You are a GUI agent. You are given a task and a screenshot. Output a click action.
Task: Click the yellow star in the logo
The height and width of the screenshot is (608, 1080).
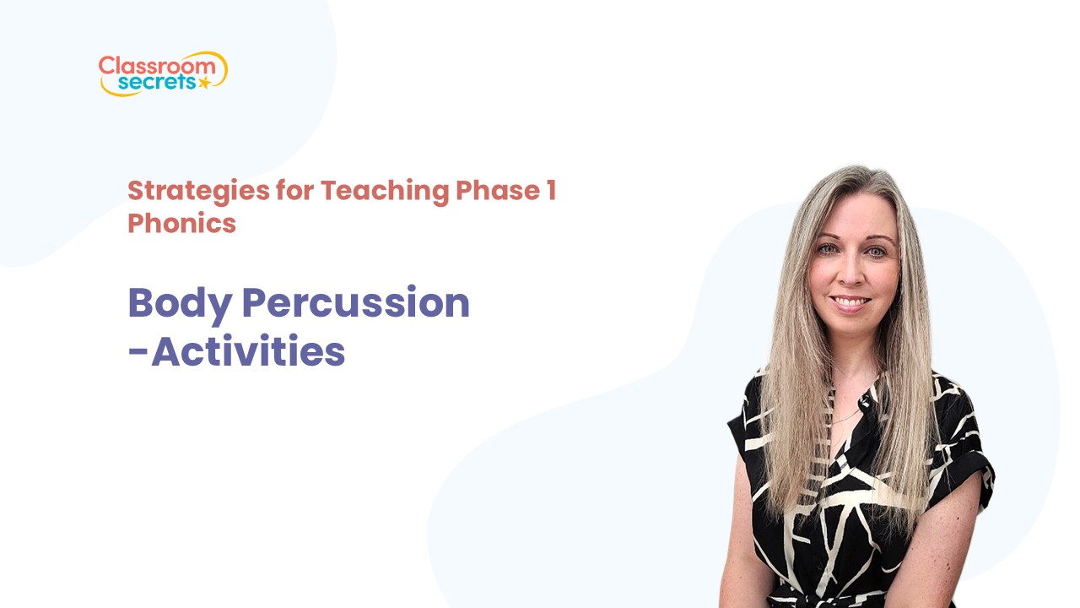pos(203,83)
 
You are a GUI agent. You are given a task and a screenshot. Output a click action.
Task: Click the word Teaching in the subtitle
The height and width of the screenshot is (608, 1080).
pos(384,191)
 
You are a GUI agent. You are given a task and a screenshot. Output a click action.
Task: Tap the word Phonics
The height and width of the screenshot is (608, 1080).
pos(181,223)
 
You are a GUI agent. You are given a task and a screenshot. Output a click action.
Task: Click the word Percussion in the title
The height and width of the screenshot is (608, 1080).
pos(355,302)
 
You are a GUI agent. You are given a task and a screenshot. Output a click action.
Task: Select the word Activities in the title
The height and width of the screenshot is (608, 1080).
pos(248,351)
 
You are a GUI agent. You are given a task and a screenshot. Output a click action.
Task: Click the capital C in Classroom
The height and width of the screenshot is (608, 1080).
pos(105,65)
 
